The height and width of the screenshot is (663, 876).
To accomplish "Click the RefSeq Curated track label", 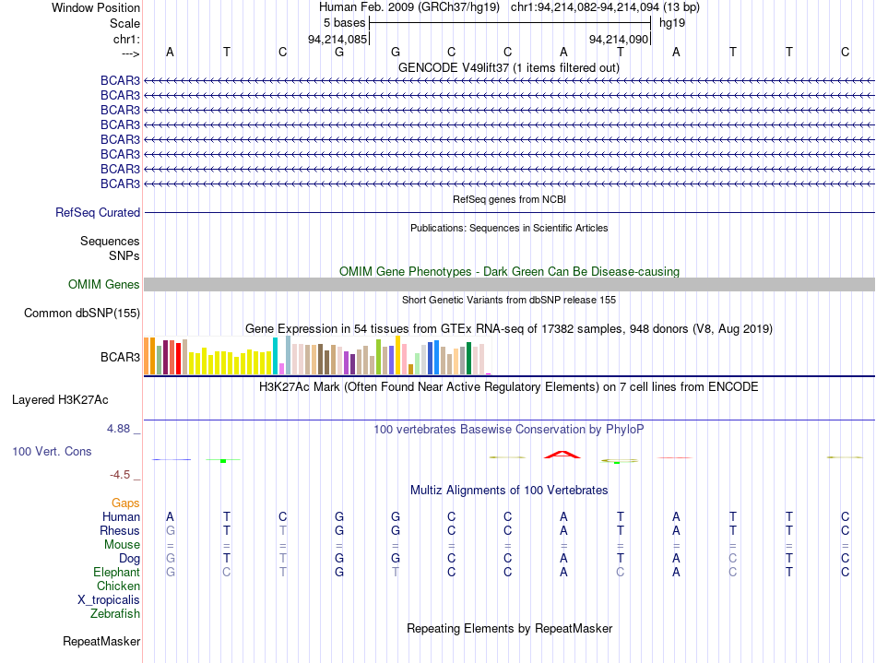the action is [98, 212].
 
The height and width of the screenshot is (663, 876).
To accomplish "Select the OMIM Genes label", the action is [104, 284].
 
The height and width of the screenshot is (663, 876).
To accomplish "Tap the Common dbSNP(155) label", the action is [82, 313].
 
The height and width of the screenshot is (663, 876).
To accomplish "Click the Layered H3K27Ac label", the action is [60, 400].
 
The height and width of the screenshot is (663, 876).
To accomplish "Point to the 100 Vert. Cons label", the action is [52, 451].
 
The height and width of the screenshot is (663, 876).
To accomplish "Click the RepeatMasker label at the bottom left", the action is [101, 641].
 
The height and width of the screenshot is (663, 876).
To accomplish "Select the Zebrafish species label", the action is [115, 613].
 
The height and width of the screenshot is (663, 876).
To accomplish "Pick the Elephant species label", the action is [117, 572].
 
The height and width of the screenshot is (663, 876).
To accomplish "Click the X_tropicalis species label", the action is [109, 600].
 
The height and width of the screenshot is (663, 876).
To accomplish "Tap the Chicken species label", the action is [118, 586].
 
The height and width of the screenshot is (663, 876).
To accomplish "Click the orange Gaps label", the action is [125, 503].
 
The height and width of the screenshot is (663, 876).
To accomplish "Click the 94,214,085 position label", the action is [337, 39].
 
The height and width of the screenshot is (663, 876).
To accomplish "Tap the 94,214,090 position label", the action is [619, 39].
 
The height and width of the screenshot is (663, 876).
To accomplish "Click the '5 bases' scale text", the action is [344, 23].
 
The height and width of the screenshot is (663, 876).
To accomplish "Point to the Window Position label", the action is [96, 7].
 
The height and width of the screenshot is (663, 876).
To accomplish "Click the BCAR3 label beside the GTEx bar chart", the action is [120, 357].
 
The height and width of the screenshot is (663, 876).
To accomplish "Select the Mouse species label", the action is [122, 545].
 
